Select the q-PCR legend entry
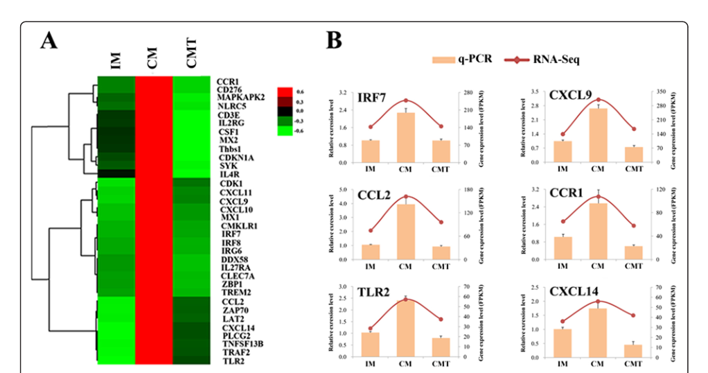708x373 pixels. point(467,60)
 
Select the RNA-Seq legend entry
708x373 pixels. point(555,60)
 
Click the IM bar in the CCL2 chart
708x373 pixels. point(371,252)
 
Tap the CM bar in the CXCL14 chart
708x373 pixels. point(597,333)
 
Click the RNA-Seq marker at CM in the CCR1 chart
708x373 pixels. point(597,197)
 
